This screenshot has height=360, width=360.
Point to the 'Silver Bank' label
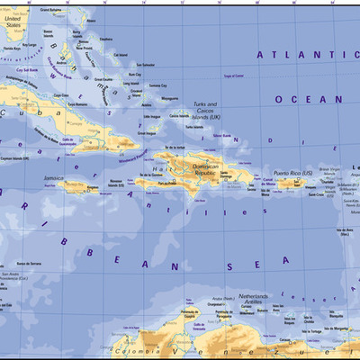click(222, 136)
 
